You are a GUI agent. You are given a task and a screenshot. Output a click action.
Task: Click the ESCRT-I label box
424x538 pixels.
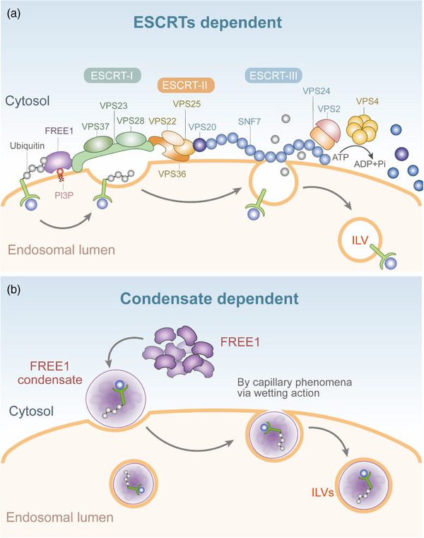pos(112,76)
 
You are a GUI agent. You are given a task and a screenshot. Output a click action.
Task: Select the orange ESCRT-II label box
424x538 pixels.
pos(186,85)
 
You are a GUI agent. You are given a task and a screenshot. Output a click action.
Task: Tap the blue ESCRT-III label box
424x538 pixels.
pos(273,76)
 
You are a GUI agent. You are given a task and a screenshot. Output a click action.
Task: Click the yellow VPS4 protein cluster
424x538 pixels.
pos(362,129)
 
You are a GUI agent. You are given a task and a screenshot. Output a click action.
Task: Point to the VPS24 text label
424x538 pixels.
pos(317,91)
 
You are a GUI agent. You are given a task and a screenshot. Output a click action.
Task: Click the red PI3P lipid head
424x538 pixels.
pos(60,171)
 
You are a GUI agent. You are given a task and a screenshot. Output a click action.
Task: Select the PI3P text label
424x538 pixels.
pos(64,195)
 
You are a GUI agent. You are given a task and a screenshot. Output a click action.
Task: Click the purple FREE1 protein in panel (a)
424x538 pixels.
pos(59,162)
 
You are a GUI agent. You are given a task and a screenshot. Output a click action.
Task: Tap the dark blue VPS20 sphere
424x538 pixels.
pos(199,145)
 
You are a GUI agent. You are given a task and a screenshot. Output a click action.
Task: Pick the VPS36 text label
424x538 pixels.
pos(172,174)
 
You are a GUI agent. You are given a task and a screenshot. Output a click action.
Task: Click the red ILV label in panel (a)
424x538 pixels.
pos(360,240)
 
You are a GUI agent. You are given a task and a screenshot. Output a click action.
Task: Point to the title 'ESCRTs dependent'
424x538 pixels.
pos(208,23)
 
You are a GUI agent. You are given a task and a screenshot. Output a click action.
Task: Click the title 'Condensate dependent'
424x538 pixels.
pos(210,298)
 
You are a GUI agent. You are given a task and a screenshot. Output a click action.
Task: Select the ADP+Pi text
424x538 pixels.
pos(370,164)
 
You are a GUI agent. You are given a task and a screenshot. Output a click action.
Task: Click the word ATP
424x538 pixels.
pos(341,157)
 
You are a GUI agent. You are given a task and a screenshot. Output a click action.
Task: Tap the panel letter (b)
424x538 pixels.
pos(14,290)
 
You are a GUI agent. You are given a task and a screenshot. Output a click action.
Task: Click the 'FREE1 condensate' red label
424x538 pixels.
pos(50,373)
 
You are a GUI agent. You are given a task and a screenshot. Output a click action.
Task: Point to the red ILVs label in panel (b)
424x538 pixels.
pos(322,493)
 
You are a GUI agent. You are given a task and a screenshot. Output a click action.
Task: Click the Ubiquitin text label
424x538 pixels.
pos(27,146)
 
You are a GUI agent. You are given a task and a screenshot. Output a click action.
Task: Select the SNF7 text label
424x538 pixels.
pos(249,121)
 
